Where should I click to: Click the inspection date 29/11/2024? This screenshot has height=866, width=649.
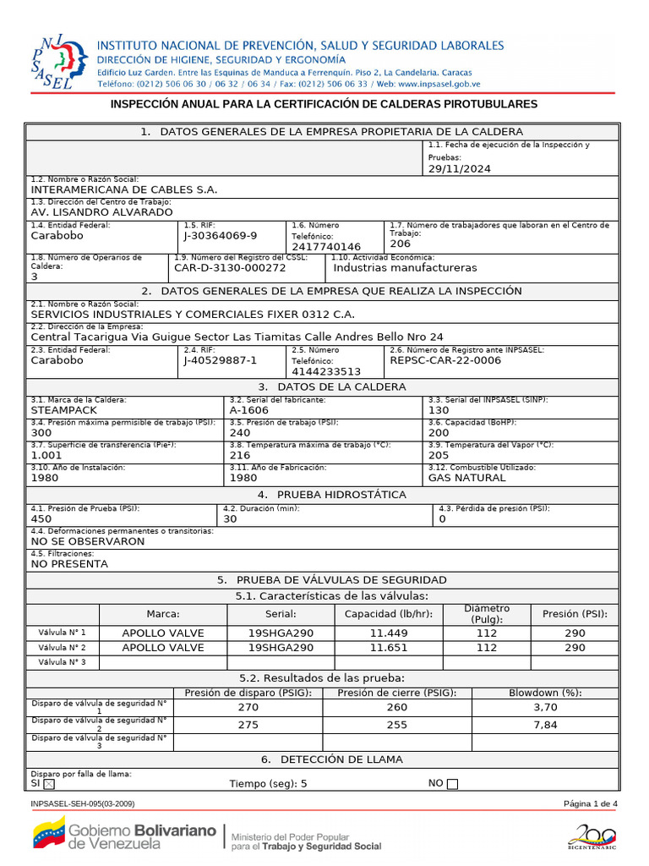coord(459,168)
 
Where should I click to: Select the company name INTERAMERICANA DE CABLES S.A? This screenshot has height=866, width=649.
coord(123,190)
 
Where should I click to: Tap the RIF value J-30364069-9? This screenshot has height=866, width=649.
coord(221,236)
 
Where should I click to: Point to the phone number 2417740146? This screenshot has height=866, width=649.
coord(326,247)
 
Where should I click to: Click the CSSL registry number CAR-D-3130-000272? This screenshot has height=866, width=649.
coord(230,267)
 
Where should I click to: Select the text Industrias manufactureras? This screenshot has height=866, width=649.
coord(405,267)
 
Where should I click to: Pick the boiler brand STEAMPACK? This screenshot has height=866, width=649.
coord(64,409)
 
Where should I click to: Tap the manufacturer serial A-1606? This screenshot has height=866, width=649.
coord(249,409)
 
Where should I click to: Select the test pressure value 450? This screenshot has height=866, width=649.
coord(41,519)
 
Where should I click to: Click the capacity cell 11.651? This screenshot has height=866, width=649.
coord(388,648)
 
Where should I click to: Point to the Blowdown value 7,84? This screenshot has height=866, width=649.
coord(546,725)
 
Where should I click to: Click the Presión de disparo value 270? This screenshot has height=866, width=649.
coord(248,707)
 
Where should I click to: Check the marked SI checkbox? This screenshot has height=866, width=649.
coord(48,784)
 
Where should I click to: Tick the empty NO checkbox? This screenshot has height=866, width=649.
coord(452,784)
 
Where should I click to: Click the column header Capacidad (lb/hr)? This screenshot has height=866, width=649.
coord(388,614)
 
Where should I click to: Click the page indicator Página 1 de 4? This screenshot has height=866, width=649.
coord(591,803)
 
